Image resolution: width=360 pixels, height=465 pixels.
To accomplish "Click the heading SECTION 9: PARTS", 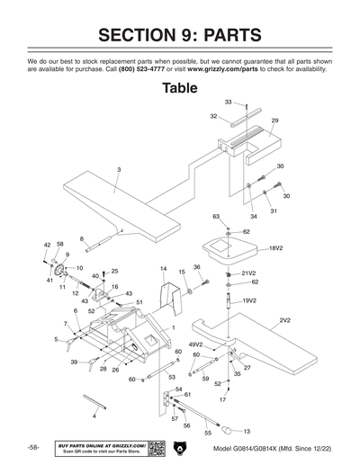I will tap(180, 36).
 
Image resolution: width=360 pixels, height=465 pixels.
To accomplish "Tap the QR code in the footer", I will tap(154, 448).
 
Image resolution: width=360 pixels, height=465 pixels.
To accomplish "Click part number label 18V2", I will tap(275, 247).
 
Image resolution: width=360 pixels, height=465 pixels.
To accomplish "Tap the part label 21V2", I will tap(249, 273).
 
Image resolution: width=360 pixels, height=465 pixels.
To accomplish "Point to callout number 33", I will tap(228, 103).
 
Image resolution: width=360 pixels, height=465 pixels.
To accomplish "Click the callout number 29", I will tap(274, 120).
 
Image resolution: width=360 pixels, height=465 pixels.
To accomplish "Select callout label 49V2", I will tap(195, 344).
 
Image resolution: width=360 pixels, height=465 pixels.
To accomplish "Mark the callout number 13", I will tap(247, 432).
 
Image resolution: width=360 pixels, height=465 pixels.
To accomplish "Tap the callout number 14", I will tap(163, 269).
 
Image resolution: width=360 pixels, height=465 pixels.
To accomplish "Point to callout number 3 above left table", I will tap(118, 169).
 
